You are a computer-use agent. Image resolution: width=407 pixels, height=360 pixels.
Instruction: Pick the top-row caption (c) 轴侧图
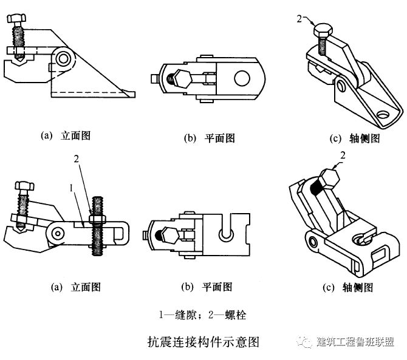pyautogui.click(x=355, y=138)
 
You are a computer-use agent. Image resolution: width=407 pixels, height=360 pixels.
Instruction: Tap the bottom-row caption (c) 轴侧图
pyautogui.click(x=355, y=288)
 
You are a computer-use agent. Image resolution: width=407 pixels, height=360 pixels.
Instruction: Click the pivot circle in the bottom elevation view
pyautogui.click(x=57, y=232)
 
